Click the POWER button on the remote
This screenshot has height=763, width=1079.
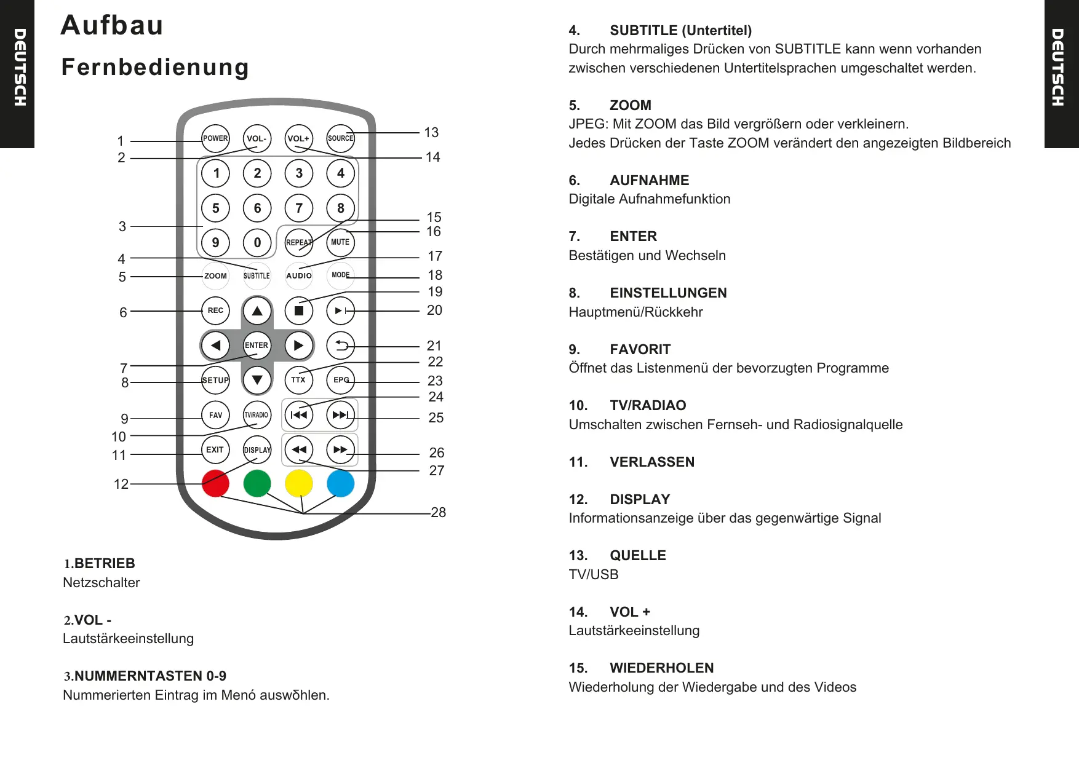click(215, 138)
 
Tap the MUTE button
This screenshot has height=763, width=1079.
click(340, 242)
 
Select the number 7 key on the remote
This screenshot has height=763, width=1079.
click(299, 208)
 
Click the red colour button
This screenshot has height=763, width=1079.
click(215, 483)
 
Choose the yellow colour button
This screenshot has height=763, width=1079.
click(299, 483)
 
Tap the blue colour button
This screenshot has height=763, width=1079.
click(340, 483)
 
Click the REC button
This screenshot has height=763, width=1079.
click(215, 310)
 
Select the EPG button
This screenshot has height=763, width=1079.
click(340, 380)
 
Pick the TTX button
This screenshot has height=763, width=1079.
click(298, 380)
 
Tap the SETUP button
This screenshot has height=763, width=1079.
click(215, 380)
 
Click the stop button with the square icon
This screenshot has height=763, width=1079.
click(299, 310)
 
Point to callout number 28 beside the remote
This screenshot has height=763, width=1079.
click(439, 512)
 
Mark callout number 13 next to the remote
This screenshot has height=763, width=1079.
click(431, 132)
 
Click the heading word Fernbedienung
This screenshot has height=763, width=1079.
click(155, 67)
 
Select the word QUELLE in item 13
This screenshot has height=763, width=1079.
click(638, 555)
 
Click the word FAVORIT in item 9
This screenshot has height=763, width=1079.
click(640, 349)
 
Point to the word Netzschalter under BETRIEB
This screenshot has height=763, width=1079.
click(102, 582)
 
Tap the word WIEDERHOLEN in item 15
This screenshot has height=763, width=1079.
click(662, 668)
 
